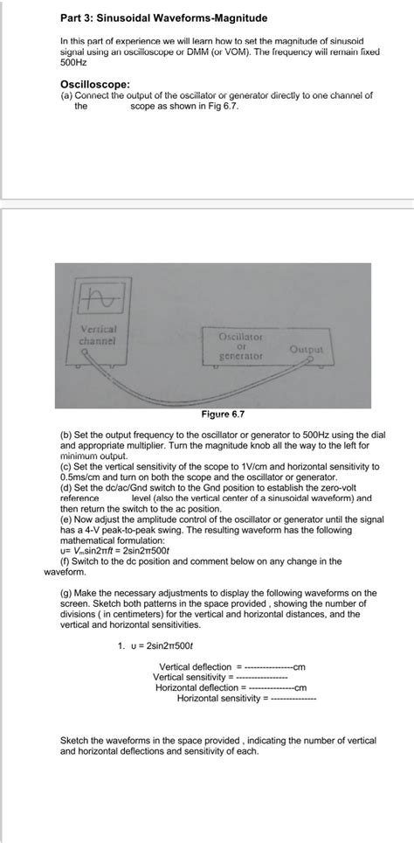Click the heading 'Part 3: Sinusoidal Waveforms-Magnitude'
[163, 17]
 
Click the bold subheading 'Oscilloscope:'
[98, 85]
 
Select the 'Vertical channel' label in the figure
[99, 333]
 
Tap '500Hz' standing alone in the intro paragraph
[73, 64]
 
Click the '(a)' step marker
[66, 95]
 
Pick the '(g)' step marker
[66, 592]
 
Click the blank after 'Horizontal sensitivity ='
[293, 699]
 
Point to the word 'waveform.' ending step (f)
[66, 572]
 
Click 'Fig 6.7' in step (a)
[222, 106]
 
